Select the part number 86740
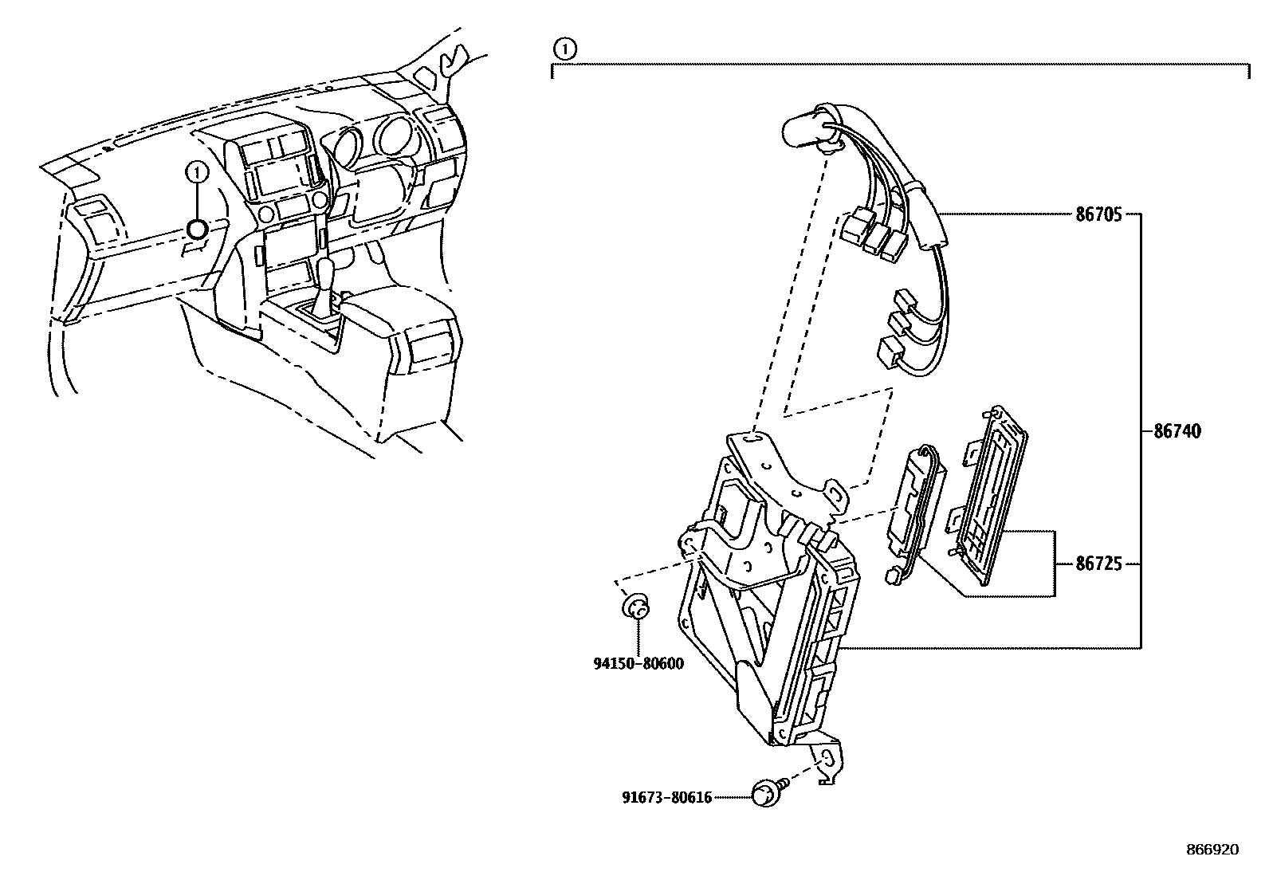1177,431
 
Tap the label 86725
1098,564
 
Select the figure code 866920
1212,850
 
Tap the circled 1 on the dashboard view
197,171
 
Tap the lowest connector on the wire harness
890,352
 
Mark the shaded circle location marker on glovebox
197,230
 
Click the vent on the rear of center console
429,347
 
